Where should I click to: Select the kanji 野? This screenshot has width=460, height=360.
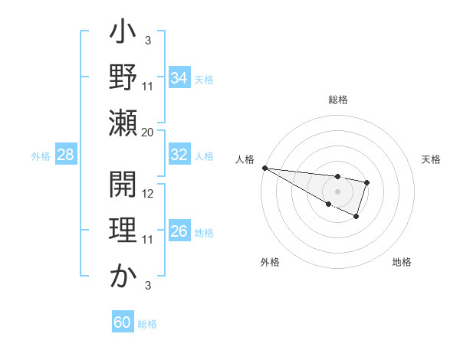click(123, 78)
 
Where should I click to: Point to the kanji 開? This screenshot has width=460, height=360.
click(123, 186)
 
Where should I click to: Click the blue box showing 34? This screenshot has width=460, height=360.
click(179, 77)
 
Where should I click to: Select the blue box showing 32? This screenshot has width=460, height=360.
click(179, 155)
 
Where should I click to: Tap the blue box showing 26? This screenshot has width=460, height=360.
click(179, 232)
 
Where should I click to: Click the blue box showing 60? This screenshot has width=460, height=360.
click(122, 322)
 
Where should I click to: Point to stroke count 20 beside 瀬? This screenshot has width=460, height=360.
click(148, 133)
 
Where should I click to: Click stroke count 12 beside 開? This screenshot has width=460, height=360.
click(149, 194)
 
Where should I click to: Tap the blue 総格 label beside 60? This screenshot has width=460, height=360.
click(147, 324)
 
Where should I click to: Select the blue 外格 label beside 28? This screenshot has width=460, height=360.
click(41, 156)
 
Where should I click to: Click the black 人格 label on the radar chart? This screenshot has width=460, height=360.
click(245, 159)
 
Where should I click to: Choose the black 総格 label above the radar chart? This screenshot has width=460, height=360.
click(337, 100)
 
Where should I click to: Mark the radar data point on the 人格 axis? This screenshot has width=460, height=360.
click(264, 168)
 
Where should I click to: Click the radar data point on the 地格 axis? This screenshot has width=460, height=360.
click(356, 217)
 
